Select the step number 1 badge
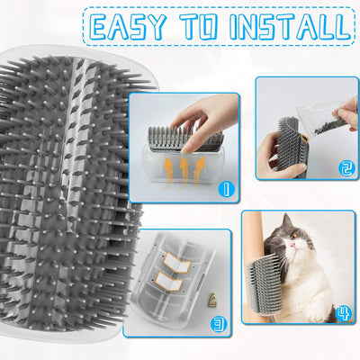[225, 189]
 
